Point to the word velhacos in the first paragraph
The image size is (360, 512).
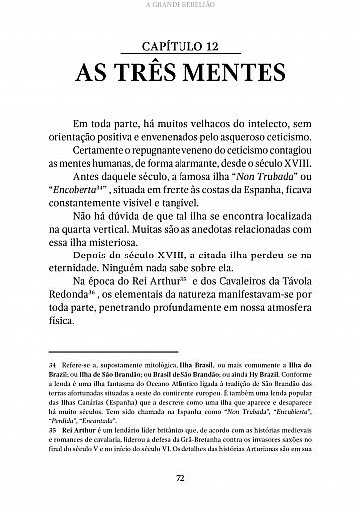point(197,124)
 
